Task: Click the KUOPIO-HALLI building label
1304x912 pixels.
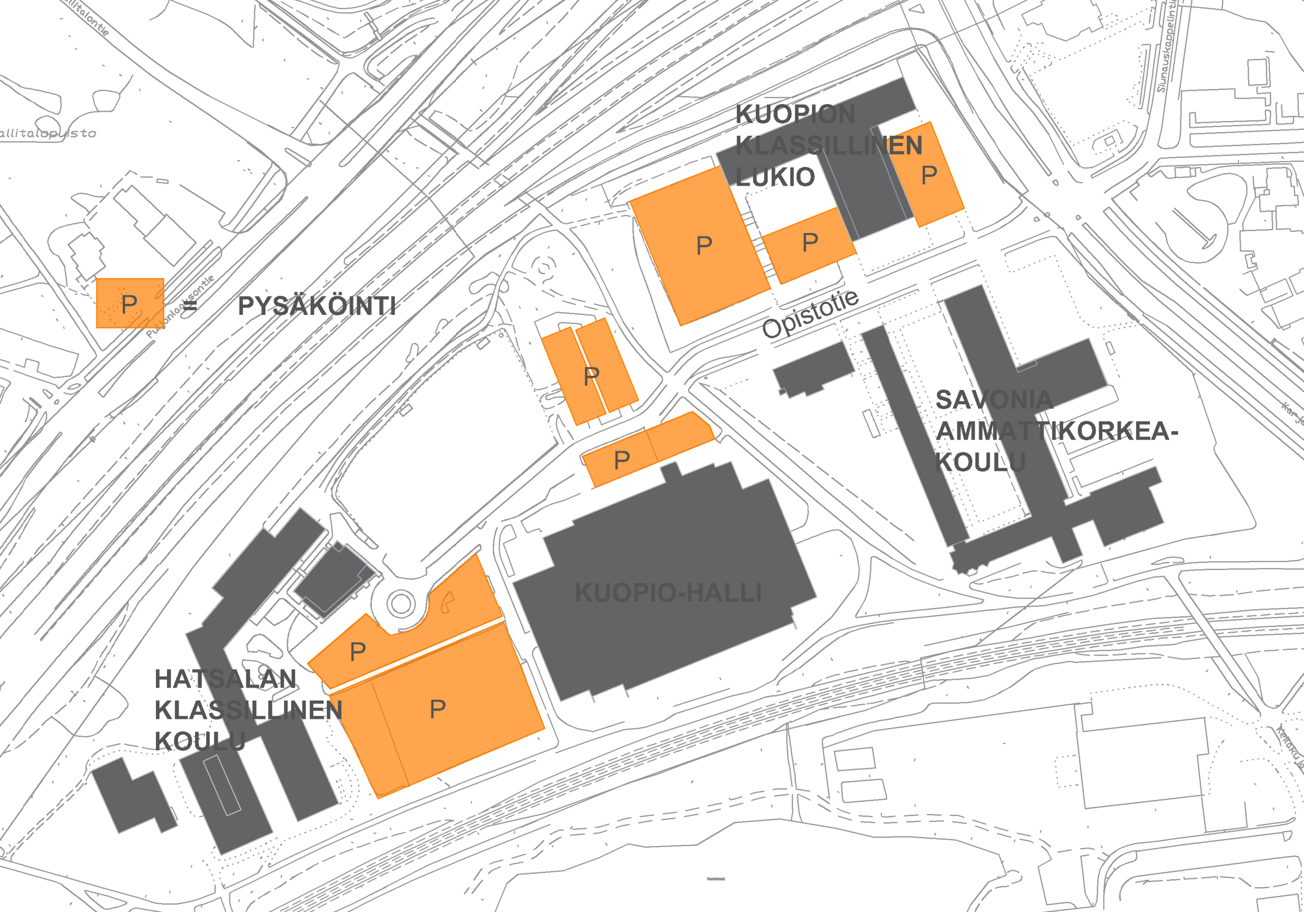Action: click(668, 593)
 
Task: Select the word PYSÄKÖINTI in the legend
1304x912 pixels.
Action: click(316, 306)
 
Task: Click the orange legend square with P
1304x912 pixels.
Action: click(130, 303)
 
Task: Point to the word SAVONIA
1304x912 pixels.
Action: click(994, 400)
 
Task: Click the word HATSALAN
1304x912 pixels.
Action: click(225, 679)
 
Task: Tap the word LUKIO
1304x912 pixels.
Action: click(775, 177)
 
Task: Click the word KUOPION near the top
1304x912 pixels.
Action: click(795, 115)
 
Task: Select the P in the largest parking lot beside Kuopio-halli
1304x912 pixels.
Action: click(438, 709)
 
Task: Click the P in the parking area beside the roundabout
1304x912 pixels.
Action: click(358, 652)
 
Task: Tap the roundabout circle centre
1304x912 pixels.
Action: click(401, 604)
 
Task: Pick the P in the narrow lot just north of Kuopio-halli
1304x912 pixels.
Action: click(622, 460)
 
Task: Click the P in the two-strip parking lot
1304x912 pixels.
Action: click(591, 376)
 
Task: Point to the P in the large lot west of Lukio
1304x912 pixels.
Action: click(704, 246)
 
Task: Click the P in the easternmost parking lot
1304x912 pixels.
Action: click(929, 175)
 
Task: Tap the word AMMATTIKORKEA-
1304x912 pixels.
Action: click(1057, 431)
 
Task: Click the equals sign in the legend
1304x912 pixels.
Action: click(190, 306)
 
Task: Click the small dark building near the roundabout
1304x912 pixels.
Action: click(334, 578)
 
